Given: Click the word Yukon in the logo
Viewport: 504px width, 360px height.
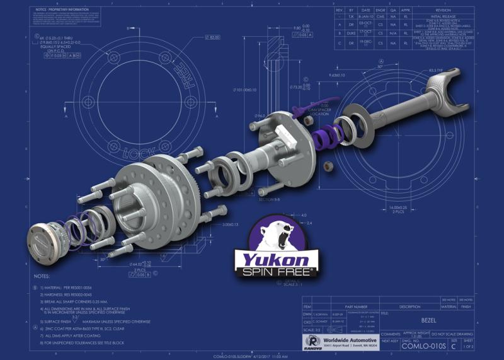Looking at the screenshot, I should (x=272, y=259).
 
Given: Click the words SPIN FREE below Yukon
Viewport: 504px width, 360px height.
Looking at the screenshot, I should (x=272, y=273).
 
